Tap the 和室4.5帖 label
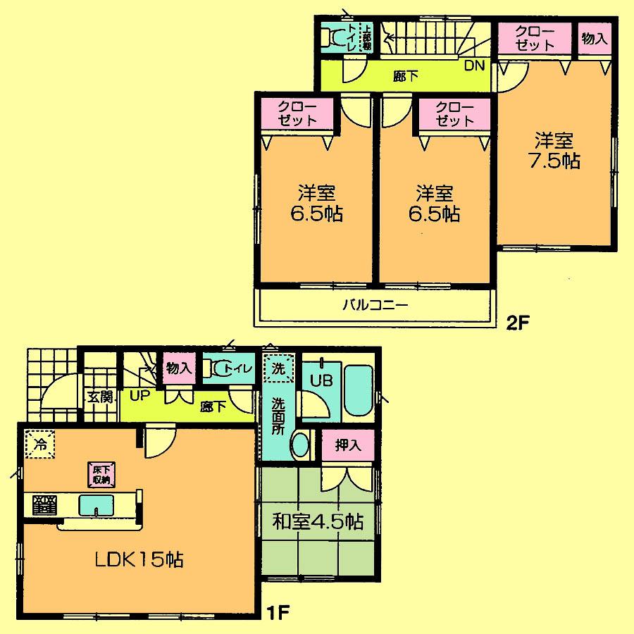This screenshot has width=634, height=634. [x=318, y=522]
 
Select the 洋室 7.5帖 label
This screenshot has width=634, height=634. [x=554, y=149]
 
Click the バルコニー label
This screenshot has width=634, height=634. [x=375, y=306]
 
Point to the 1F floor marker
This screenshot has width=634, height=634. [x=279, y=610]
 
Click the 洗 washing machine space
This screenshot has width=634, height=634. [x=278, y=368]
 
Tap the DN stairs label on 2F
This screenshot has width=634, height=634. [x=474, y=67]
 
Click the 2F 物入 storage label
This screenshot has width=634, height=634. [x=594, y=39]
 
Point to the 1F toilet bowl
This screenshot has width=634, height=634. [x=221, y=368]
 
